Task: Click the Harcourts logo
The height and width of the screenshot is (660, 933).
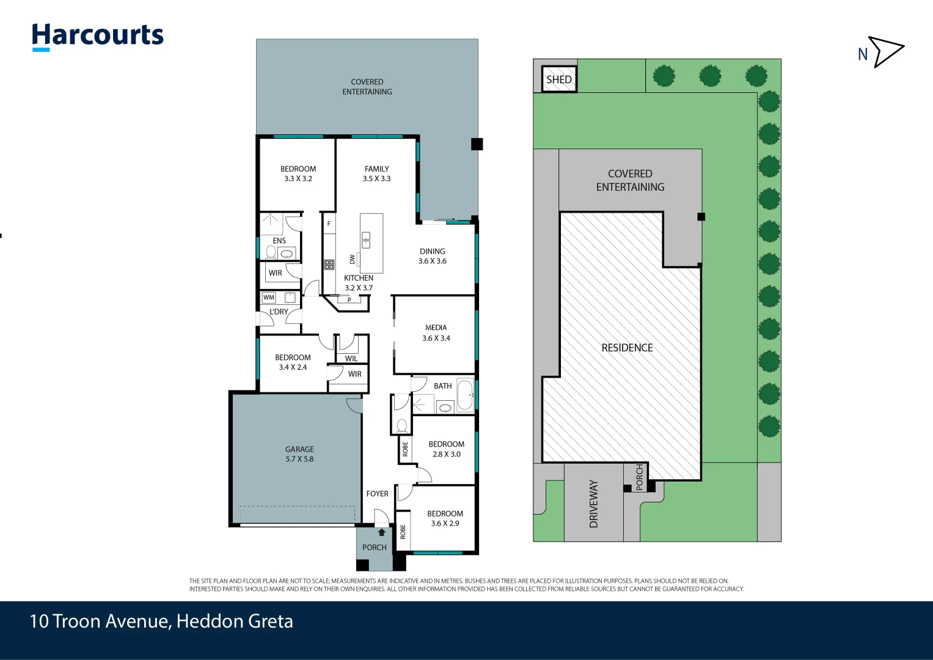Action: [x=98, y=37]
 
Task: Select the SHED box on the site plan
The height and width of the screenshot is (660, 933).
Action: [x=559, y=79]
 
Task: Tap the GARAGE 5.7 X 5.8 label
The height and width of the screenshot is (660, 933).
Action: [x=299, y=454]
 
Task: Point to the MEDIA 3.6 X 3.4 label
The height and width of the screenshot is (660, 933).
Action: [x=436, y=333]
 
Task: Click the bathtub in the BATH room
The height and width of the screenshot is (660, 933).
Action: [x=465, y=395]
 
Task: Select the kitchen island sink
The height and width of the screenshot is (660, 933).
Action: [x=365, y=240]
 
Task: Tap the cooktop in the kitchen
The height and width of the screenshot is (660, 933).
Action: [x=329, y=265]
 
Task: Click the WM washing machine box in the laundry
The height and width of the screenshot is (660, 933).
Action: [x=269, y=298]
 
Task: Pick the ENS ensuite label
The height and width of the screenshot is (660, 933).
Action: [x=279, y=241]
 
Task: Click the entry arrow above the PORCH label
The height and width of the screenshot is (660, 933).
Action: [x=382, y=532]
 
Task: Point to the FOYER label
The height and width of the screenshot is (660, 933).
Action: [x=377, y=494]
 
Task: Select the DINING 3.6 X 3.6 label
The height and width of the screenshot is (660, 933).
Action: [x=432, y=256]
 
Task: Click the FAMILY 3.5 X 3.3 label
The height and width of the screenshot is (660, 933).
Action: [x=376, y=174]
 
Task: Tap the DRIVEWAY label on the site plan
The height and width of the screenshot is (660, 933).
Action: [x=593, y=504]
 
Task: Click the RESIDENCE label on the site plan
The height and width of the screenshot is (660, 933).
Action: [x=627, y=348]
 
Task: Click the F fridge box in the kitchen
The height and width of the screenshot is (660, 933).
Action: [x=329, y=224]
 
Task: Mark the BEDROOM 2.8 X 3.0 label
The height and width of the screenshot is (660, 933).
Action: [x=446, y=449]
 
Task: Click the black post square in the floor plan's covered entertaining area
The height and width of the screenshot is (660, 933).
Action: [x=477, y=144]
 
